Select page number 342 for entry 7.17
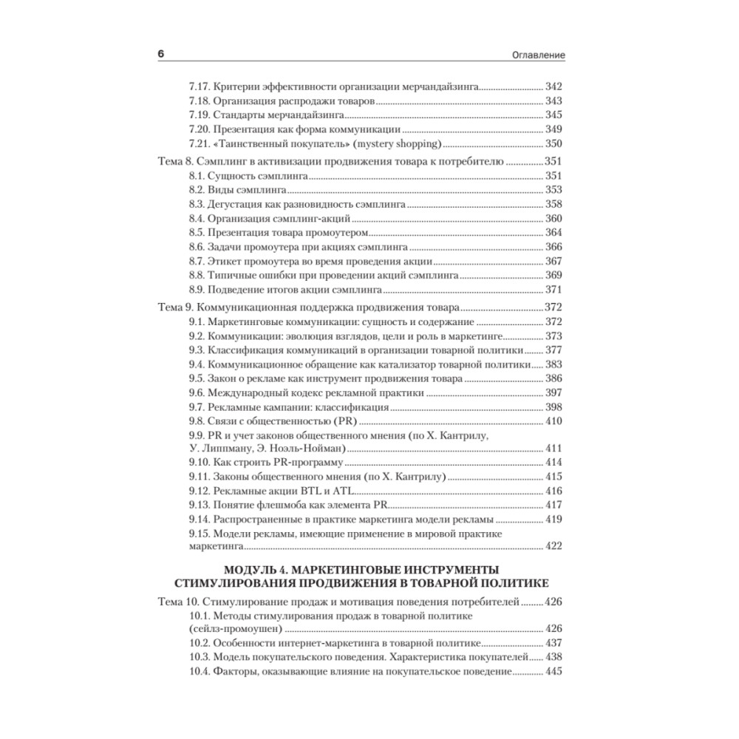coord(554,86)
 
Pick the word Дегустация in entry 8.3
coord(235,204)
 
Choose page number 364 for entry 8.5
coord(554,232)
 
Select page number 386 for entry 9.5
coord(554,378)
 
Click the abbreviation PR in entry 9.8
coord(344,421)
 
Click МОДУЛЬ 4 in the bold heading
coord(260,569)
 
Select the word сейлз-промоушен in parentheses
coord(236,629)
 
